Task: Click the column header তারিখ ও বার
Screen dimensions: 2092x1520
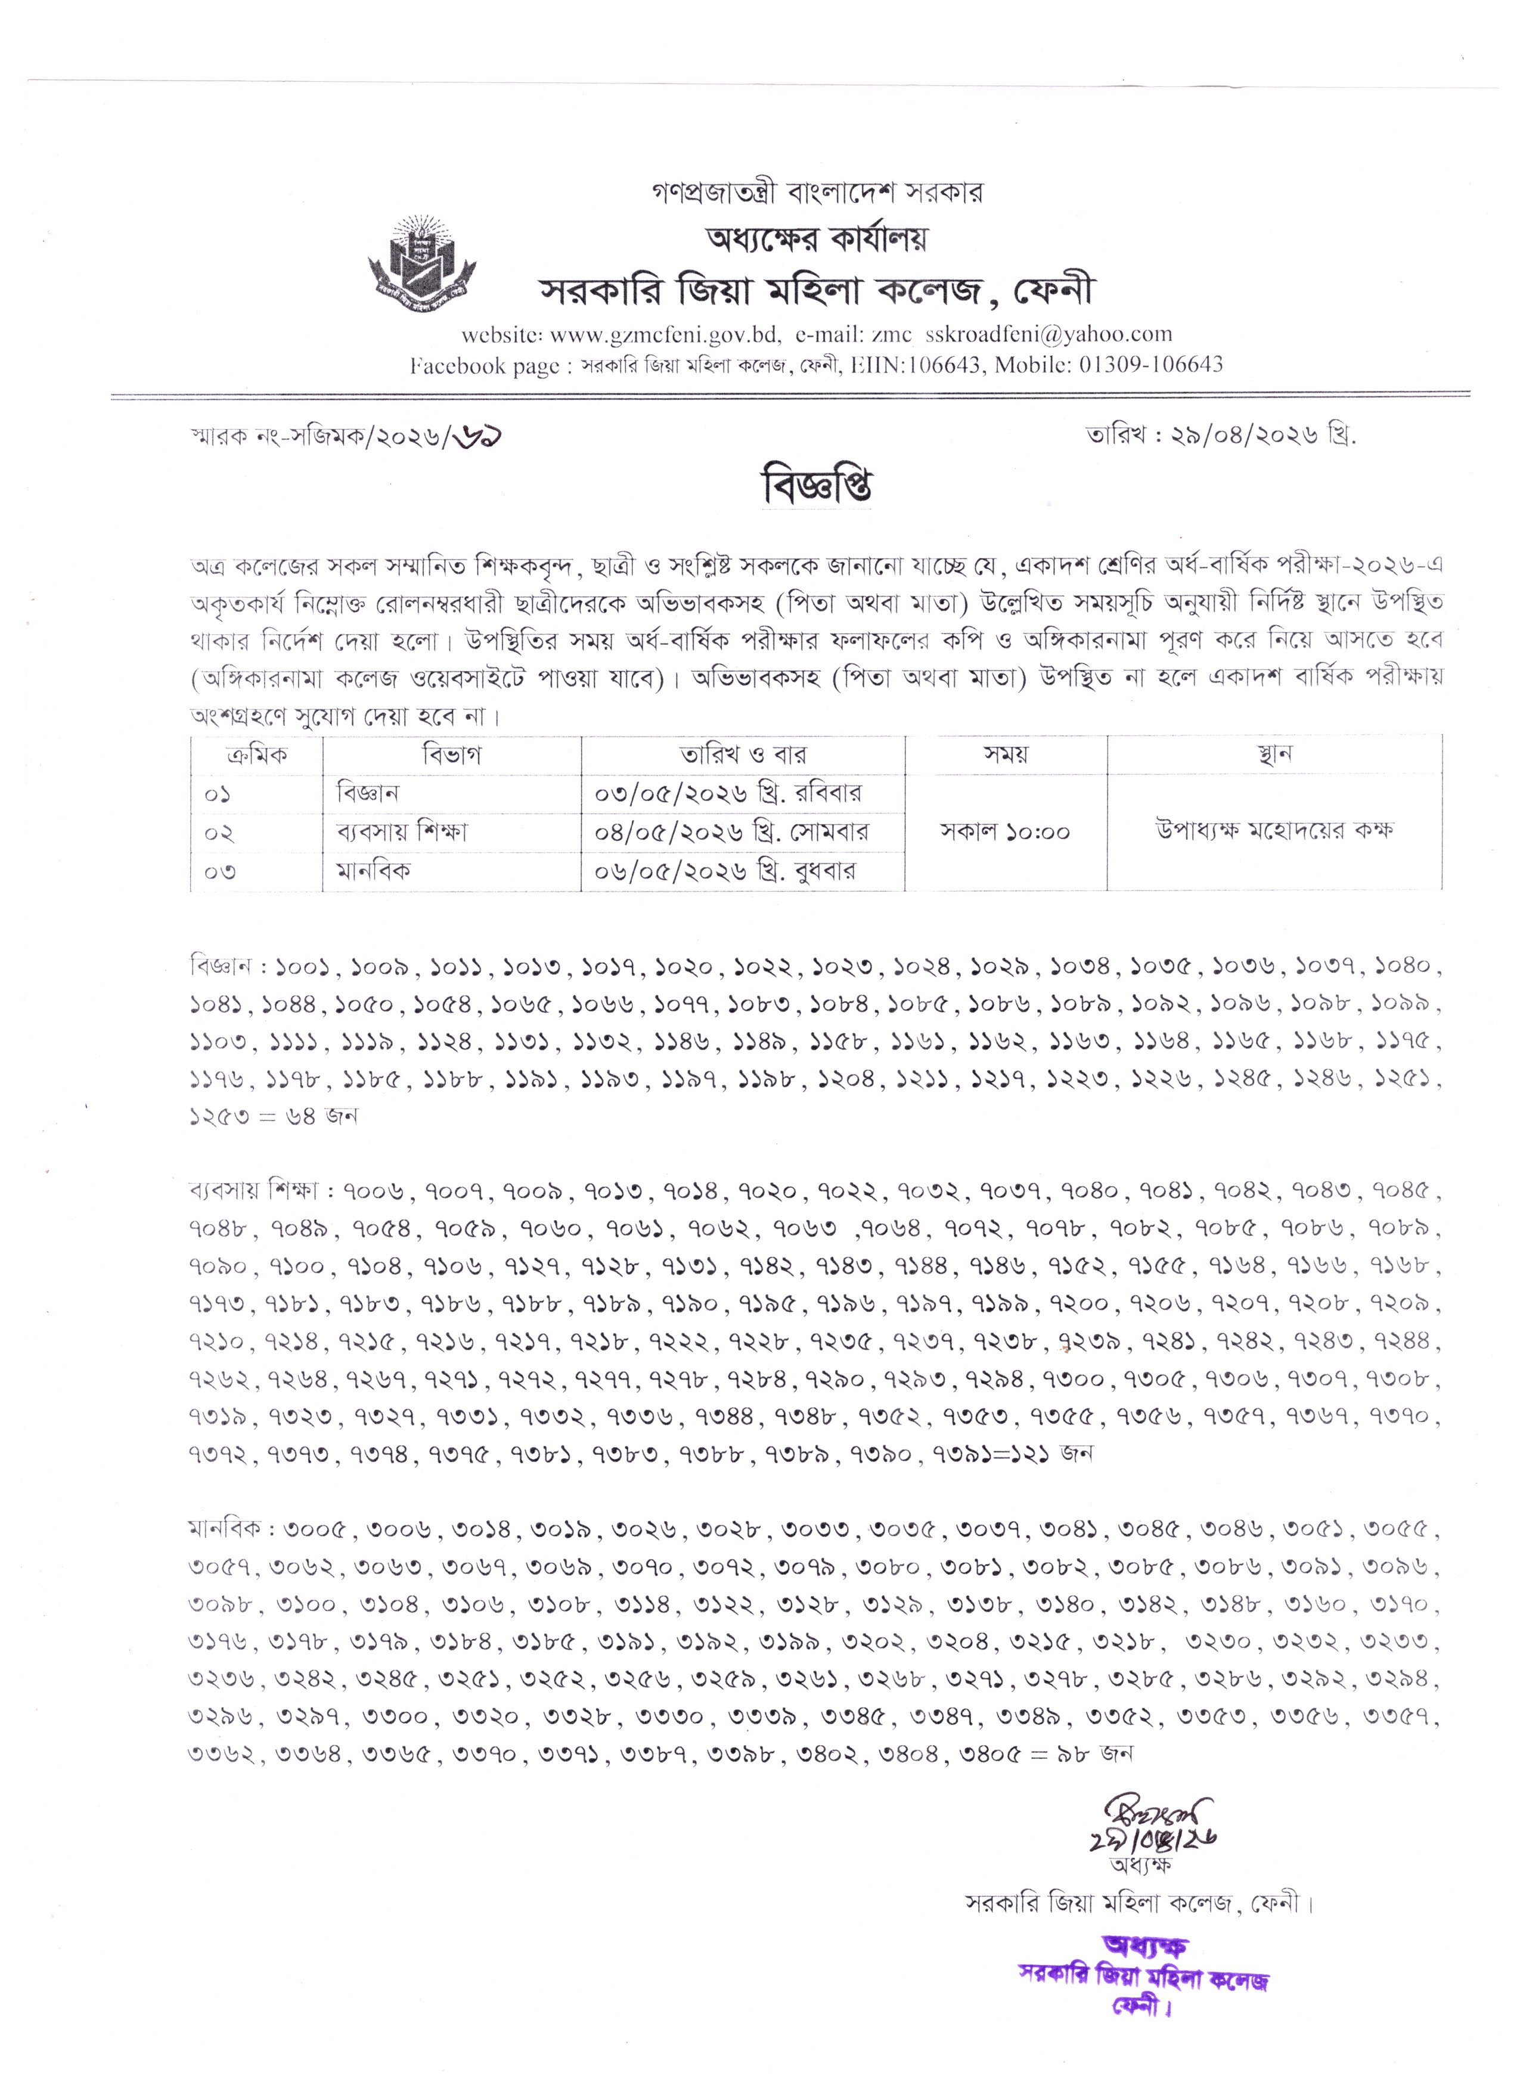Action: point(743,755)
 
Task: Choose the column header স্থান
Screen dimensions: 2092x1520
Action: point(1274,755)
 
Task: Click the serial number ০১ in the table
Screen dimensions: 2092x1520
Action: point(219,793)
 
